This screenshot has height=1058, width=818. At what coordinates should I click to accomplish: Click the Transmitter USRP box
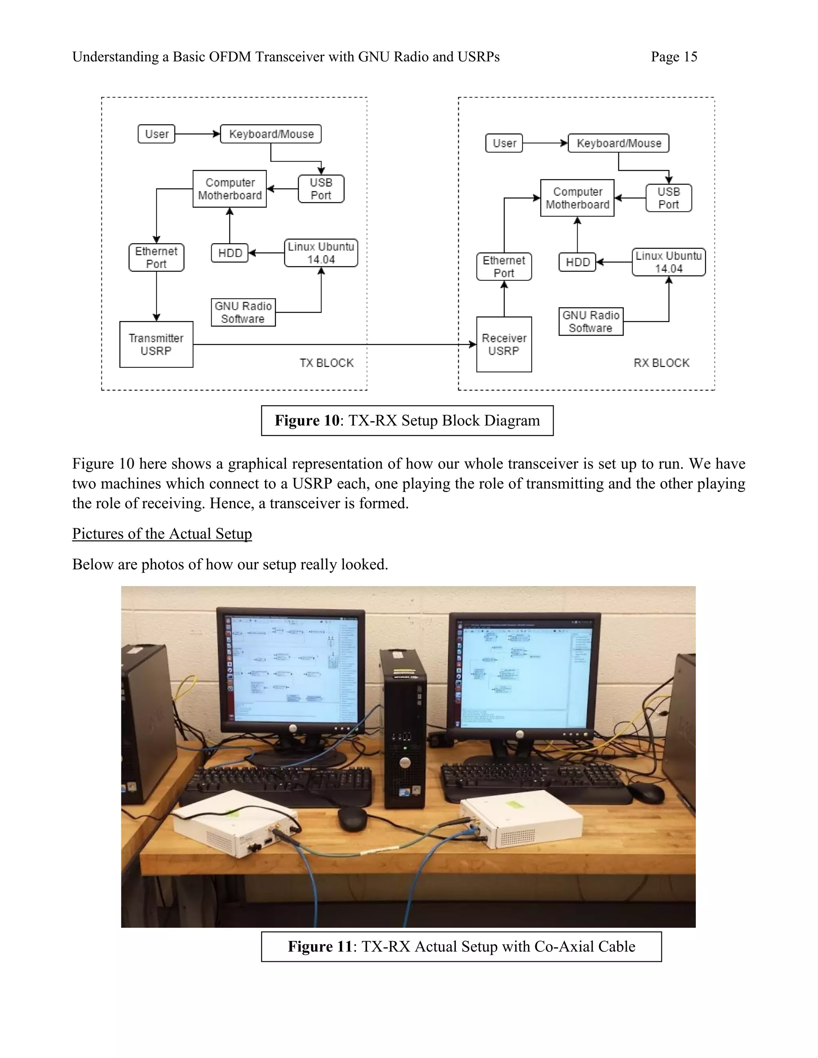[x=156, y=345]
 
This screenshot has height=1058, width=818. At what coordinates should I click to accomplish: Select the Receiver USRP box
[x=504, y=345]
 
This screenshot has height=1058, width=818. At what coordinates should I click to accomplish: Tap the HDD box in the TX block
[x=230, y=253]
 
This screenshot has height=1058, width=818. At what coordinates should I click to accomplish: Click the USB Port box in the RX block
[x=669, y=198]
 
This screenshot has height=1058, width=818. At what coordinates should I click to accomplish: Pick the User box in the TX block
[x=157, y=134]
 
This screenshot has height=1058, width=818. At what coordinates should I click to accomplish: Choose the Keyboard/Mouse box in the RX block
[x=618, y=143]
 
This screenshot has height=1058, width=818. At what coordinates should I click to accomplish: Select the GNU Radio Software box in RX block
[x=591, y=322]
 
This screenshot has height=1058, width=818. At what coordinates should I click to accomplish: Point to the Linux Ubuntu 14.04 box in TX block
[x=321, y=253]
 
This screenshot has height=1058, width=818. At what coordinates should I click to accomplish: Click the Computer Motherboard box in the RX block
[x=577, y=198]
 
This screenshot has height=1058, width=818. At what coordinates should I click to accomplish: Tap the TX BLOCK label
[x=327, y=363]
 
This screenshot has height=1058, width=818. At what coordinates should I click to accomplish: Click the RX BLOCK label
[x=661, y=363]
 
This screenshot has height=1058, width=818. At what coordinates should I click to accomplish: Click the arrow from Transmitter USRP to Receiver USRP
[x=334, y=345]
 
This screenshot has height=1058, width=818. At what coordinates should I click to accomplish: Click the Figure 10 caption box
[x=407, y=420]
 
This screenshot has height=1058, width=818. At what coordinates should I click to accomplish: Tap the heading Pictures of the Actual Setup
[x=162, y=533]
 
